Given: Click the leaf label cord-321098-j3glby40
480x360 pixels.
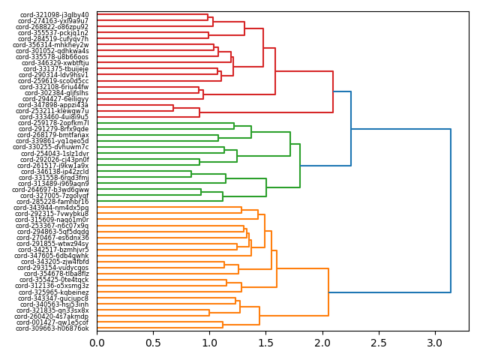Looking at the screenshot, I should click(x=54, y=15).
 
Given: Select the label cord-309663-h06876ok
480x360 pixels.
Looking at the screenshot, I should click(x=52, y=328).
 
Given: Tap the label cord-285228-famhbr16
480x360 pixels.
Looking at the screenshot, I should click(x=53, y=202).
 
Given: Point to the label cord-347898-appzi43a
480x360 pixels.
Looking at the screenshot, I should click(x=54, y=105).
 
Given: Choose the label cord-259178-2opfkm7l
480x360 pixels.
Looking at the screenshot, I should click(x=54, y=123).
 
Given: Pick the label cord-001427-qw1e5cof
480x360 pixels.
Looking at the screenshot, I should click(x=53, y=322).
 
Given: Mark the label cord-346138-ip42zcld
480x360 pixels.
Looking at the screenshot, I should click(x=54, y=172).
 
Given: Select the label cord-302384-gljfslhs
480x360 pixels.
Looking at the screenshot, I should click(x=56, y=93).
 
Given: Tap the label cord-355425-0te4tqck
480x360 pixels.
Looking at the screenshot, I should click(x=54, y=280).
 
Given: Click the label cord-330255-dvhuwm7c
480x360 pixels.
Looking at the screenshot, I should click(x=53, y=147).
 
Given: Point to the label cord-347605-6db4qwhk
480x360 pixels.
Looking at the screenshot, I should click(x=54, y=256).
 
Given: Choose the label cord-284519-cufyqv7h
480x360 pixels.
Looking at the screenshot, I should click(x=54, y=39).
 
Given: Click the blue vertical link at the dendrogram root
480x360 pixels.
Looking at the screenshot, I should click(x=451, y=211).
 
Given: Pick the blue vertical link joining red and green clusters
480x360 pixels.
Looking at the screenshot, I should click(x=351, y=128).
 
